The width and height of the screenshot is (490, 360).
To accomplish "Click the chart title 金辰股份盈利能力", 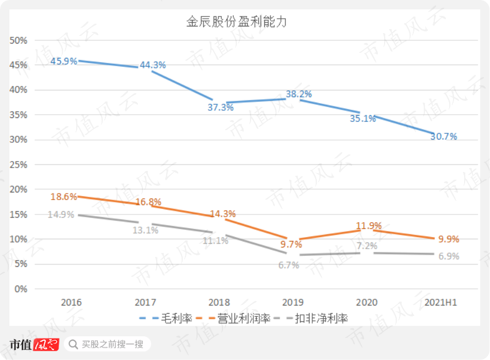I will coord(236,23).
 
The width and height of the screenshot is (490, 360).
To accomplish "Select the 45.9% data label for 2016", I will coord(63,61).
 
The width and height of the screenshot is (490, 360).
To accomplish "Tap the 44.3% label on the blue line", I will coord(153,65).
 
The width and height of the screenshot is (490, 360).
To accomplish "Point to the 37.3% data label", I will coord(220,108).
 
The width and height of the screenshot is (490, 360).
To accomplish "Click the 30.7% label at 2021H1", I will coord(444,137).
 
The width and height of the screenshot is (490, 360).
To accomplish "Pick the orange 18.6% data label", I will coord(63,196).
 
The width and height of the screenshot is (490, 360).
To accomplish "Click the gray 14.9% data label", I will coord(61,214).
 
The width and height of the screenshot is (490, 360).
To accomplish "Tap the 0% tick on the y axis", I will coord(21,289).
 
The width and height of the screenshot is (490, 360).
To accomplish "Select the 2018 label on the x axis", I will coord(219,303).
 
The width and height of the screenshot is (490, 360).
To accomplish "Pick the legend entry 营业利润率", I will coord(243,318).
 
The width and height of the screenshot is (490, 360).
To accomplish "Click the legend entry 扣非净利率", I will coord(321,318).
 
